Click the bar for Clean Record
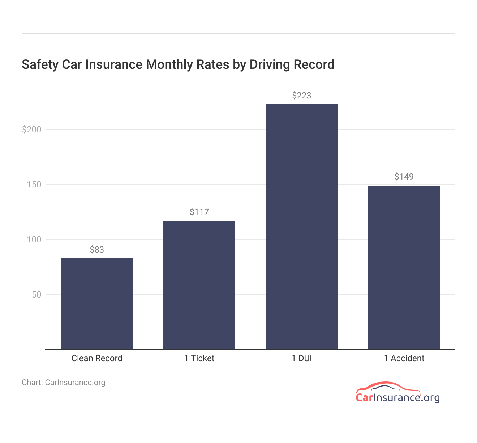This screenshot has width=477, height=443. (x=97, y=304)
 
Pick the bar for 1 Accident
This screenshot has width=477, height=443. (x=404, y=267)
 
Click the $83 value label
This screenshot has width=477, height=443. (x=97, y=250)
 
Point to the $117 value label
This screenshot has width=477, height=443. (x=199, y=212)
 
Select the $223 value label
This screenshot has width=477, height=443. (x=302, y=96)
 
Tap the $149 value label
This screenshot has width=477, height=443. (x=404, y=177)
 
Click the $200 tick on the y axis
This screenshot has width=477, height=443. (x=32, y=130)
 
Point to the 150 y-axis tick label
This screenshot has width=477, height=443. (x=34, y=185)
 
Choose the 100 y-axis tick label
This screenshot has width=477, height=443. (x=34, y=240)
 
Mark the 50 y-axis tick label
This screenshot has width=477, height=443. (x=36, y=295)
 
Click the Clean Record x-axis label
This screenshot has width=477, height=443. (x=97, y=358)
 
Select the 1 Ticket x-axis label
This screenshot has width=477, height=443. (x=199, y=358)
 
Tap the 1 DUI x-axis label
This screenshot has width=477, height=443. (x=302, y=358)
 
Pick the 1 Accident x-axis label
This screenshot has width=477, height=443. (x=404, y=358)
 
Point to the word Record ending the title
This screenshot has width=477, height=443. (x=314, y=64)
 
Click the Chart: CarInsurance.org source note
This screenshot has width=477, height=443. (x=64, y=383)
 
